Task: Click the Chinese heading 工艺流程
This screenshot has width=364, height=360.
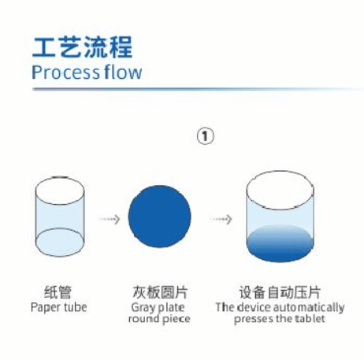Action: (82, 47)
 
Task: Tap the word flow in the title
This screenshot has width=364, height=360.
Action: (123, 72)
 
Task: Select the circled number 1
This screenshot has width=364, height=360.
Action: (206, 136)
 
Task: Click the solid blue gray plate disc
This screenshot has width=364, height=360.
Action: (159, 217)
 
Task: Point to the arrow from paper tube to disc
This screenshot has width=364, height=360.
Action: (110, 219)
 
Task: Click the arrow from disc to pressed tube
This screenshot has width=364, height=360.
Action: (221, 219)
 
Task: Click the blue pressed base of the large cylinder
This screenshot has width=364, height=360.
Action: (280, 243)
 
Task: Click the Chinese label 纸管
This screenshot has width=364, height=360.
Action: (58, 292)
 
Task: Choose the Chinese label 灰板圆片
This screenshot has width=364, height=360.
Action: (160, 292)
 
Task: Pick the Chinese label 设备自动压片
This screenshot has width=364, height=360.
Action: (280, 292)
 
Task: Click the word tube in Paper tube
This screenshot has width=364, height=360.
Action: (76, 307)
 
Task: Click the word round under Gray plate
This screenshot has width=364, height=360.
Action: (143, 319)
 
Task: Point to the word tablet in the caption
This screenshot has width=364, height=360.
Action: (310, 318)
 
